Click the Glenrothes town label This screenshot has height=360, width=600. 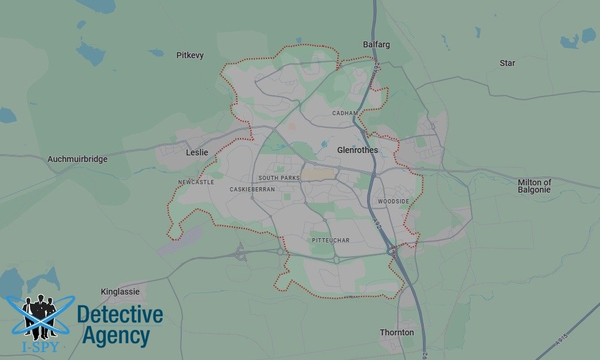[x=358, y=150]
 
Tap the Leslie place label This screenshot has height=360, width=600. [x=197, y=152]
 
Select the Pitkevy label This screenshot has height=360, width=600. [x=190, y=55]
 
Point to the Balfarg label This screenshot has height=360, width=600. [x=376, y=44]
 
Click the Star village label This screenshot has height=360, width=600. [x=507, y=63]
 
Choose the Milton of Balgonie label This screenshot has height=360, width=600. [x=534, y=186]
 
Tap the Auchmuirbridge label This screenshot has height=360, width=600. [x=77, y=160]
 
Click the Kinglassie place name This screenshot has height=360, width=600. [x=120, y=292]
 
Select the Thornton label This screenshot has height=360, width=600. [x=397, y=332]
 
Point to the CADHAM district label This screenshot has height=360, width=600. [x=345, y=113]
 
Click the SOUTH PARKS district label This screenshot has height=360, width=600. [x=278, y=178]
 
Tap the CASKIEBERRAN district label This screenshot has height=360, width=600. [x=252, y=190]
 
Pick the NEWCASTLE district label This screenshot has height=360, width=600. [x=196, y=182]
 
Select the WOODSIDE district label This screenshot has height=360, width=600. [x=394, y=202]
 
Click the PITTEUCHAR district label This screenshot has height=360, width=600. [x=331, y=241]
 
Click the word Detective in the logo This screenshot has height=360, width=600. [x=120, y=314]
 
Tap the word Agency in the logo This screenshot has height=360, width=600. [x=116, y=336]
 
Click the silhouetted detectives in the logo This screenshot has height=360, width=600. [x=39, y=315]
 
